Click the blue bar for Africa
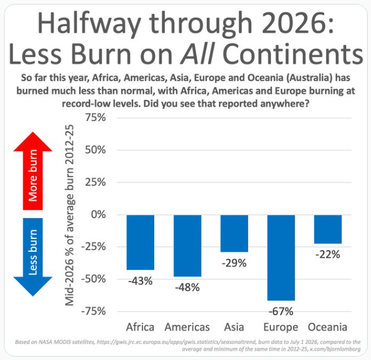click(140, 242)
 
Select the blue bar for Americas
click(187, 246)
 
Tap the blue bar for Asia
click(234, 233)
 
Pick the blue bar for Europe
click(281, 257)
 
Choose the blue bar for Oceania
click(328, 229)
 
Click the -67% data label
click(281, 311)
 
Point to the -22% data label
click(328, 255)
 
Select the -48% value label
click(187, 288)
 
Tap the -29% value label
click(234, 263)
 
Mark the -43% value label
click(140, 281)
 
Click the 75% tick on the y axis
click(95, 118)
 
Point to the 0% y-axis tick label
click(98, 214)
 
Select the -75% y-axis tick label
click(94, 311)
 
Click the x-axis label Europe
click(281, 327)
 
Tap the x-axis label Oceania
click(328, 327)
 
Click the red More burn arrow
click(33, 171)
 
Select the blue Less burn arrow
click(33, 257)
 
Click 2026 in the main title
click(291, 23)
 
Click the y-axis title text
click(70, 215)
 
